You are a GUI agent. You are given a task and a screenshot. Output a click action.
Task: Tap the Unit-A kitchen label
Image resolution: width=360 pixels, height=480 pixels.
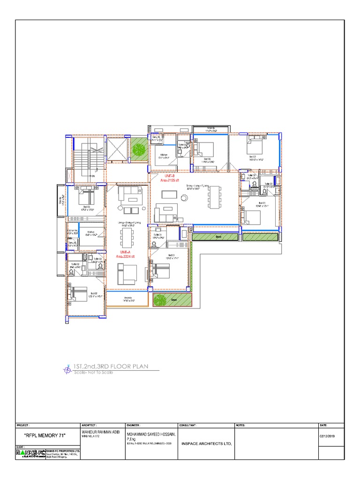90,233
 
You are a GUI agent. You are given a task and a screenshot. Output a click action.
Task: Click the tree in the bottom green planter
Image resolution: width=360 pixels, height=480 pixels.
161,299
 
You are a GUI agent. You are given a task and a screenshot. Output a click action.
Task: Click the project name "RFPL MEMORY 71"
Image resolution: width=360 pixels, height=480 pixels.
45,436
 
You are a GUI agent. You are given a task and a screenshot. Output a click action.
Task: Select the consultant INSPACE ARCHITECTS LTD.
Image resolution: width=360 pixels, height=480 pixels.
207,443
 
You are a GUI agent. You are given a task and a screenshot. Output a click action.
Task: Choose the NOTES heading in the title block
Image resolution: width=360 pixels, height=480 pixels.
240,425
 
